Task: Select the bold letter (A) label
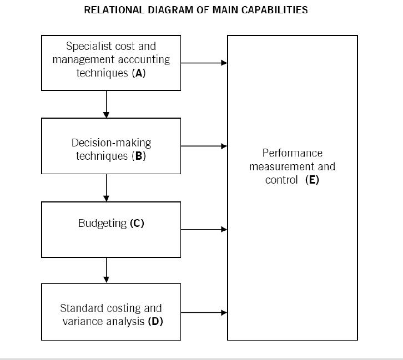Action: [x=139, y=73]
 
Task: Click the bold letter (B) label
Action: [x=139, y=156]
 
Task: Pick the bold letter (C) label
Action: [x=137, y=223]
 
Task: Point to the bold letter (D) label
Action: [x=155, y=322]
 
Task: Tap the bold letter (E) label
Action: [x=313, y=180]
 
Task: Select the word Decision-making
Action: [x=111, y=143]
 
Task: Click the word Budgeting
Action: [x=103, y=224]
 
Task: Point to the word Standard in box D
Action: [x=82, y=308]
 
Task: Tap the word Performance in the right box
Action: [x=293, y=153]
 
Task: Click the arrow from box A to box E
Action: [x=204, y=63]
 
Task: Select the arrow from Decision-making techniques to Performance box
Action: [x=204, y=146]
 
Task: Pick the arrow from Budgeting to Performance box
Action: [x=204, y=229]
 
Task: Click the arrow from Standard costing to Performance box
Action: [x=204, y=312]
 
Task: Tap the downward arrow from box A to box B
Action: [x=106, y=104]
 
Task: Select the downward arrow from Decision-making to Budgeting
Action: [x=106, y=187]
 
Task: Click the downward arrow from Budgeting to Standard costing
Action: [x=106, y=270]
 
